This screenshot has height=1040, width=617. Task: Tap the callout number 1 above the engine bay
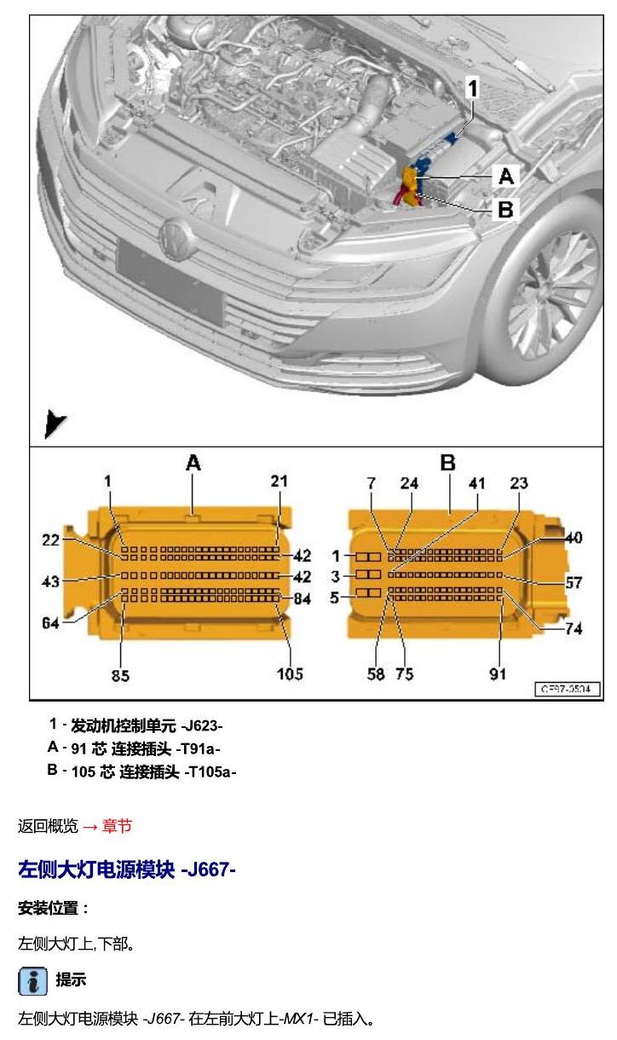coord(473,88)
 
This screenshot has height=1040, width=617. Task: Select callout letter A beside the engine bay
coord(506,176)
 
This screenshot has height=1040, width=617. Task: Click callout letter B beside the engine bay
coord(505,209)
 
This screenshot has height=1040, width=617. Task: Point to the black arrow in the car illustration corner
coord(54,424)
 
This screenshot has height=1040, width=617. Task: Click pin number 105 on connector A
coord(290,673)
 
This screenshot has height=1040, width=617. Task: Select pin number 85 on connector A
coord(120,675)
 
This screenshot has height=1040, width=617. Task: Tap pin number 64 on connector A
coord(50,622)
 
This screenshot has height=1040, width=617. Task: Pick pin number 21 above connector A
coord(279,481)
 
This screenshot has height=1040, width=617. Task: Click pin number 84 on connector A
coord(303,598)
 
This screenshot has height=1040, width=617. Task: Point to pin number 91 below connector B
coord(498,673)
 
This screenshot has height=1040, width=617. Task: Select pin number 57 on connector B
coord(574,582)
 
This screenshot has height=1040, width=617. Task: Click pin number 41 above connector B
coord(476,483)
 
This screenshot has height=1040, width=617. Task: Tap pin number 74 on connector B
coord(574,628)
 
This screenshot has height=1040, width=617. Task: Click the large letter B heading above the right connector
coord(447,463)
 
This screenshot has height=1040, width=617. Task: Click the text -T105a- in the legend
coord(210,772)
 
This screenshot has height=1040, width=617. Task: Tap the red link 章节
coord(117,826)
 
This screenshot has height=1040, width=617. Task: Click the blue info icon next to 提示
coord(33,981)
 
